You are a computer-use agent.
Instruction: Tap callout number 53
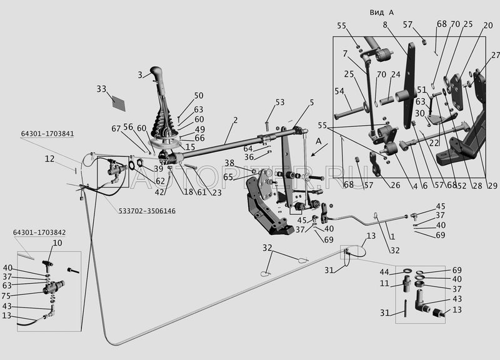[279, 102]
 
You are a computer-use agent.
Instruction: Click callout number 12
[66, 159]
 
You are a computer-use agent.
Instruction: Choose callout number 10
[57, 242]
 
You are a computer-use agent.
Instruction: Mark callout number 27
[495, 55]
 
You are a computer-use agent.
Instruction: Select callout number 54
[340, 92]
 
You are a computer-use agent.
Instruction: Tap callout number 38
[229, 163]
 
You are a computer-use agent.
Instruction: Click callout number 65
[229, 177]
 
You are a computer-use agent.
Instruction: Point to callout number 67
[116, 129]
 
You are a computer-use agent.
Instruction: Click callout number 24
[395, 75]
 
